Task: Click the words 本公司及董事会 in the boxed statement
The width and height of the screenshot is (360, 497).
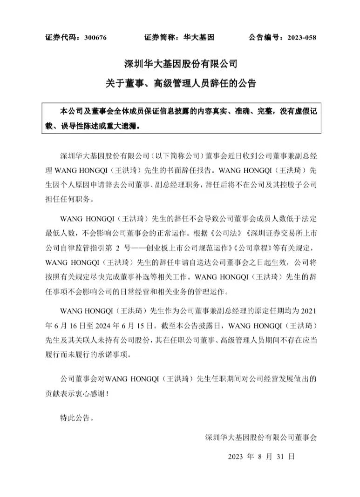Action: click(85, 112)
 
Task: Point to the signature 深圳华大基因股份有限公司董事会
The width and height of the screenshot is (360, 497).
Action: click(261, 437)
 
